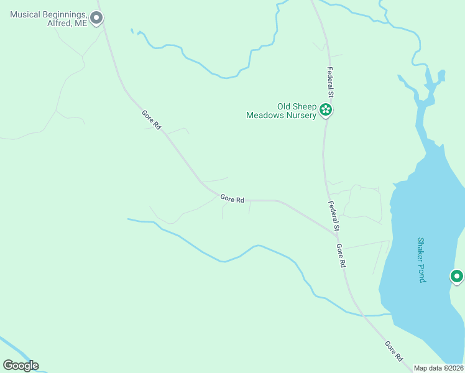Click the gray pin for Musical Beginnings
[96, 18]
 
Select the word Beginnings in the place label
[64, 14]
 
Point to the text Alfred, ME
[67, 24]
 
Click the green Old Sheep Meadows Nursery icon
[325, 111]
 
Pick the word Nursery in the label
[300, 115]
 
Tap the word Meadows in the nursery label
[264, 115]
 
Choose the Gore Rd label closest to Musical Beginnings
[151, 119]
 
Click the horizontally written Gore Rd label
[232, 199]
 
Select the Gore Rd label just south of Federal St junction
[341, 255]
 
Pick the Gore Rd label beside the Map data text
[394, 351]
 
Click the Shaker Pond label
[421, 259]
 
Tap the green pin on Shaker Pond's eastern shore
[457, 276]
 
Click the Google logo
[21, 365]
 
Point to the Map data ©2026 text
[438, 368]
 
